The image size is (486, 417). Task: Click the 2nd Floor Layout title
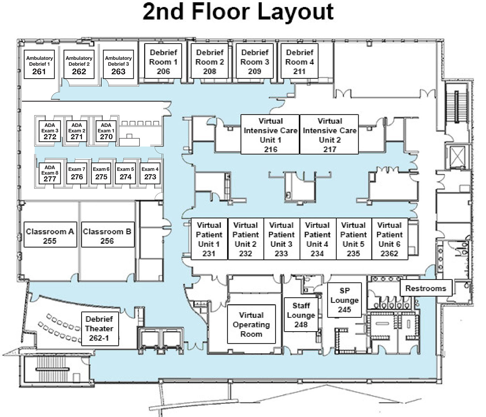coord(238,12)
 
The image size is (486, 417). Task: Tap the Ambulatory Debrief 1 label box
coord(39,64)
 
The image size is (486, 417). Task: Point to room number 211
coord(299,71)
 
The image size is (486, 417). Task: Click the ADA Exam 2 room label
coord(77,131)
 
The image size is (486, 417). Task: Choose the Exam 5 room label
coord(126,173)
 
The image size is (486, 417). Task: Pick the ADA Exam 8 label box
coord(50,173)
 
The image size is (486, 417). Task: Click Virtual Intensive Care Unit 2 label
coord(329,134)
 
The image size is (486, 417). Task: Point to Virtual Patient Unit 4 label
coord(317,239)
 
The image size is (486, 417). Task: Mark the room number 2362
coord(389,254)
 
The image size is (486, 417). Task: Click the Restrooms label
coord(426,288)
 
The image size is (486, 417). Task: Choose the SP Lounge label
coord(344,300)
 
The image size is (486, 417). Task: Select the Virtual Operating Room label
coord(251,324)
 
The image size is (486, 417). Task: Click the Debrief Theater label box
coord(100,329)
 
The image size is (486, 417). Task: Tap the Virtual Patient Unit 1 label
coord(209,239)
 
